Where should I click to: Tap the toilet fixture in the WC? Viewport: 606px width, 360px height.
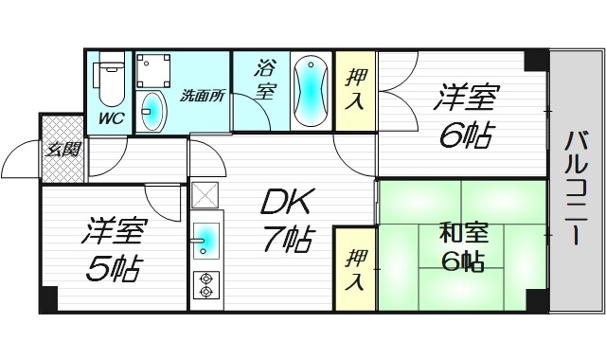click(x=112, y=83)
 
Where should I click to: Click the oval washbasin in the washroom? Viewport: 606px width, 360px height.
click(x=151, y=113)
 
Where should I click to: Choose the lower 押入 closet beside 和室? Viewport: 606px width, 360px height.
click(x=354, y=270)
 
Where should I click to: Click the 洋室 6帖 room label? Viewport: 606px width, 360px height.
click(x=465, y=116)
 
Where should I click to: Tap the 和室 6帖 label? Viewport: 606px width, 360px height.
click(x=463, y=245)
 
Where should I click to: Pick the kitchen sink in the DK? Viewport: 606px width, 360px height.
click(x=207, y=242)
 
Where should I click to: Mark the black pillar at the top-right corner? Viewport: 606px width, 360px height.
click(x=537, y=60)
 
